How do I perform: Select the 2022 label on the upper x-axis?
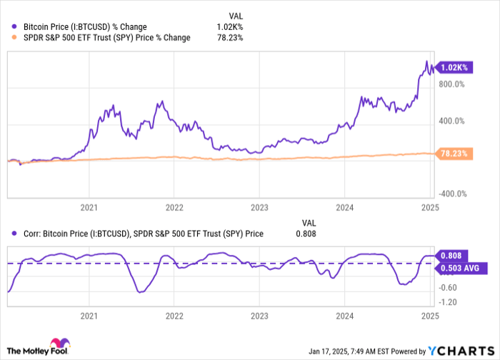click(174, 208)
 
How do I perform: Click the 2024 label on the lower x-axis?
click(345, 315)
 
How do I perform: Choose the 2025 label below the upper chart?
click(430, 208)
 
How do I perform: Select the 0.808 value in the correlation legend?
click(305, 233)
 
